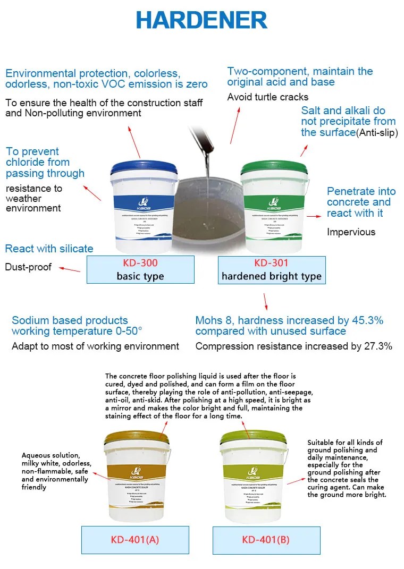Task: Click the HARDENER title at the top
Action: pos(201,20)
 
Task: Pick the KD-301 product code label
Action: pos(272,262)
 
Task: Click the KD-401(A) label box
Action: pos(134,540)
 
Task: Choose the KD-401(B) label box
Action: pos(266,540)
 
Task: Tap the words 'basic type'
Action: pos(140,276)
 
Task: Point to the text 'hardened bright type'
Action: pos(272,276)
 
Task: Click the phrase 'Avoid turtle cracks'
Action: pos(267,97)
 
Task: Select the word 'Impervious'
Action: pos(351,232)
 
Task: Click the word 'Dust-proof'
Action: pos(28,267)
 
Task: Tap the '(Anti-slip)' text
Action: pos(376,133)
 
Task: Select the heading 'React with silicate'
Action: pos(49,249)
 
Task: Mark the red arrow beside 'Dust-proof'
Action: pos(69,269)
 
